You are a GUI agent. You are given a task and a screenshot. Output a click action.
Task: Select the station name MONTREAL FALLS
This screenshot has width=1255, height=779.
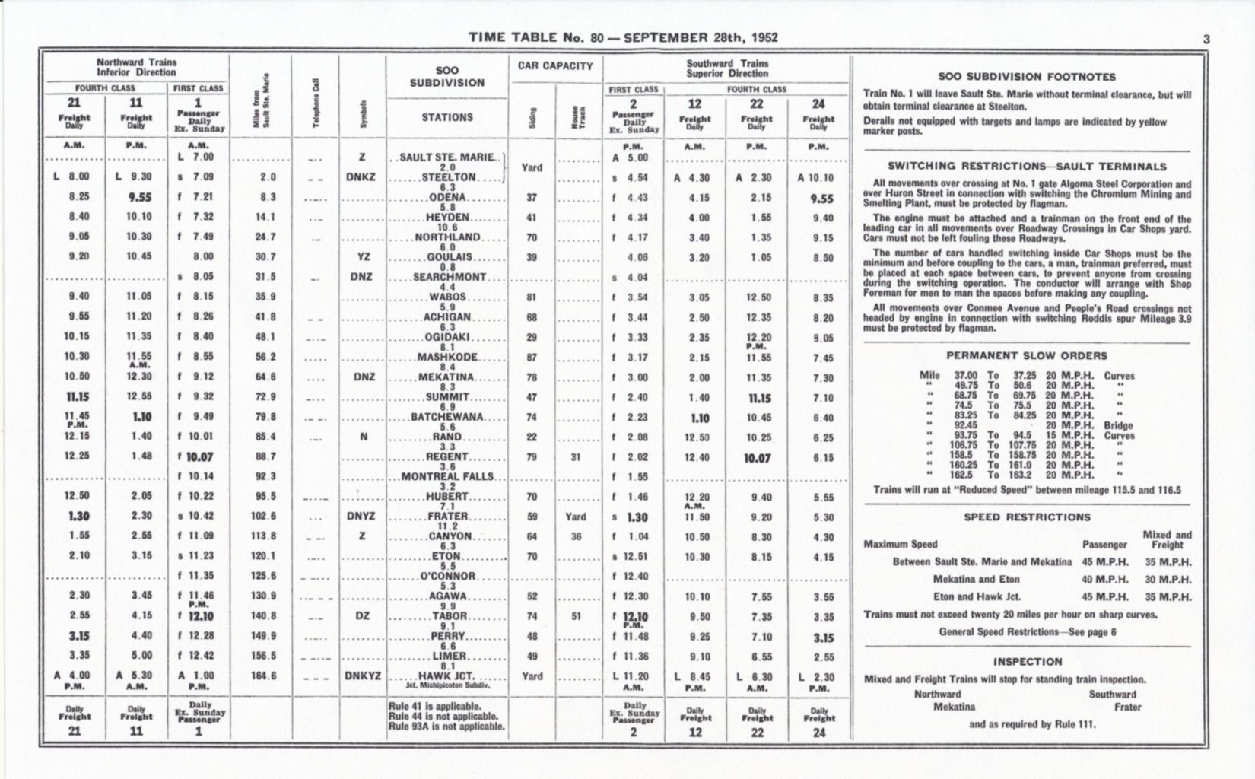click(x=447, y=477)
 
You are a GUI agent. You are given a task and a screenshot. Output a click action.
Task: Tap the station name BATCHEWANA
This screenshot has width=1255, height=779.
click(x=447, y=418)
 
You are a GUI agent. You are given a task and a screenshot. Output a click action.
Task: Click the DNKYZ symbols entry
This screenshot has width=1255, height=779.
click(x=362, y=676)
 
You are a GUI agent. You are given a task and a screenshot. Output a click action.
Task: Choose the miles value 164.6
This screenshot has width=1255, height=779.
click(x=263, y=676)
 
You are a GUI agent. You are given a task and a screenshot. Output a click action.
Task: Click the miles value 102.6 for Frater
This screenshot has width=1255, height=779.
click(x=263, y=516)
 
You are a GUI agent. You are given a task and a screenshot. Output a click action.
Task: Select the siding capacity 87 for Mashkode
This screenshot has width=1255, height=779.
click(x=532, y=358)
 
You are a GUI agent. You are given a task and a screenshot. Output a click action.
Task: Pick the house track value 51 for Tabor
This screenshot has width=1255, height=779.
click(x=576, y=617)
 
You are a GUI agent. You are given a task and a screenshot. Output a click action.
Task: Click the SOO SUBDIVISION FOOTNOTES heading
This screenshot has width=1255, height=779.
click(x=1027, y=77)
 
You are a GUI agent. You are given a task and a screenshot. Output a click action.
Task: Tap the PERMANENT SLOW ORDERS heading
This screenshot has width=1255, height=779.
click(x=1027, y=355)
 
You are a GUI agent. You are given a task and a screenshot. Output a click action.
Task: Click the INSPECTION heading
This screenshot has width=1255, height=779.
click(x=1027, y=662)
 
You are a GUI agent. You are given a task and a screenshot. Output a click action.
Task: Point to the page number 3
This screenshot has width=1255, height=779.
click(x=1206, y=39)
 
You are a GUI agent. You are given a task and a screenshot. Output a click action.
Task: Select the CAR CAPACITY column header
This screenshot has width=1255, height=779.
click(x=555, y=66)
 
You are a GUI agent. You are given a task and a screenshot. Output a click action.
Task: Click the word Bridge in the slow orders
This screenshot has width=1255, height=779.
click(x=1118, y=426)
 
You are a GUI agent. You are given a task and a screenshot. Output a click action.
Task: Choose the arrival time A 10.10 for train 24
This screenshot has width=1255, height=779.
click(x=818, y=178)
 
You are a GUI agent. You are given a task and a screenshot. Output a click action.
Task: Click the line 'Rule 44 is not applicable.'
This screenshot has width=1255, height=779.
click(x=443, y=716)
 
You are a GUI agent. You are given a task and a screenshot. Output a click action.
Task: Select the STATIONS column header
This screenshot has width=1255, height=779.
click(x=447, y=117)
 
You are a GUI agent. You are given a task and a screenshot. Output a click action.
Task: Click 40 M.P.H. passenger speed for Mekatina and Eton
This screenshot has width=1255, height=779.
click(x=1104, y=580)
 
